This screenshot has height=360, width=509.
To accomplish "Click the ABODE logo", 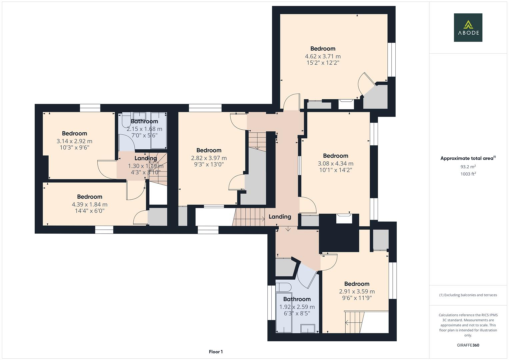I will click(468, 27).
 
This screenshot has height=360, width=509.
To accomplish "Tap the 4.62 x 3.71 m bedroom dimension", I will click(323, 56).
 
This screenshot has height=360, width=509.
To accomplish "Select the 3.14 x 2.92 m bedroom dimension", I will click(74, 141).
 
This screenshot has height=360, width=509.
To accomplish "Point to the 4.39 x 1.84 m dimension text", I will click(89, 205).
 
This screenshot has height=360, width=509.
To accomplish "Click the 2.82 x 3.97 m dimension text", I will click(209, 158).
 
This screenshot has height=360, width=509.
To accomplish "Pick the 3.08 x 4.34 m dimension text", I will click(335, 164).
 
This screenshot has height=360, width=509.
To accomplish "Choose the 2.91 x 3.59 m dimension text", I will click(357, 292).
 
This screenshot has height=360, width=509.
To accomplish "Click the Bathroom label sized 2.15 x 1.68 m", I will click(144, 121).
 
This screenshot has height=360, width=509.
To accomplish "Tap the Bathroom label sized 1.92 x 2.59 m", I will click(297, 299).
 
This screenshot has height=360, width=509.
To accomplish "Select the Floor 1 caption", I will click(216, 352).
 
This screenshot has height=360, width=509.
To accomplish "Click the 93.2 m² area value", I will click(468, 167).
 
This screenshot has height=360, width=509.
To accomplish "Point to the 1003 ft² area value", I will click(468, 174).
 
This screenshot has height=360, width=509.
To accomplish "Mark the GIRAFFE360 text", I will click(468, 345).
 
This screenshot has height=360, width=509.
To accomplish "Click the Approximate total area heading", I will click(468, 158).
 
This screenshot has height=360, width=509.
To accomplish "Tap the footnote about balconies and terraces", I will click(468, 295).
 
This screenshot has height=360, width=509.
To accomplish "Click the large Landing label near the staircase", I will click(280, 217).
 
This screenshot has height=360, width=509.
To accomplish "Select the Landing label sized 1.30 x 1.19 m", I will click(146, 158).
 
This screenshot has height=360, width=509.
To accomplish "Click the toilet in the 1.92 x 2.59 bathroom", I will click(283, 287).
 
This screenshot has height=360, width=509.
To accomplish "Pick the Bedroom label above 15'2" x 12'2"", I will click(323, 49).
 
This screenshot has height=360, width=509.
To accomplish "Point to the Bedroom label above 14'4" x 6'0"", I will click(89, 197).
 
